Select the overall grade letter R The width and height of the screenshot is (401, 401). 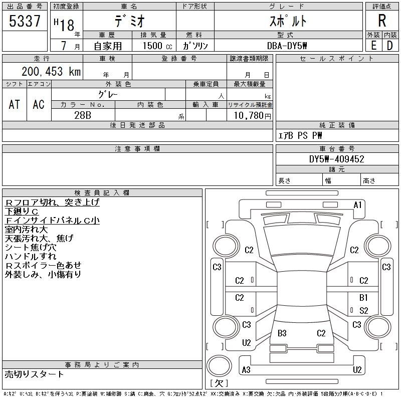pyautogui.click(x=382, y=21)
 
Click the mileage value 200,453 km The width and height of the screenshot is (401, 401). pyautogui.click(x=51, y=72)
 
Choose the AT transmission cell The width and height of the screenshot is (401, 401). pyautogui.click(x=15, y=104)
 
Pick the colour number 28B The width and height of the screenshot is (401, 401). pyautogui.click(x=82, y=115)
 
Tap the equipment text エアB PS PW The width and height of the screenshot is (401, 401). pyautogui.click(x=301, y=135)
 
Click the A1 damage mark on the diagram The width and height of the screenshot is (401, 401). pyautogui.click(x=357, y=205)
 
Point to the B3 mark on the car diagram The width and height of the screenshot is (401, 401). pyautogui.click(x=282, y=333)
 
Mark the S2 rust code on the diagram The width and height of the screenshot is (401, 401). pyautogui.click(x=363, y=311)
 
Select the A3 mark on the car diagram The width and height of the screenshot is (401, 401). pyautogui.click(x=246, y=370)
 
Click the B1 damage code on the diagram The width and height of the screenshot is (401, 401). pyautogui.click(x=363, y=298)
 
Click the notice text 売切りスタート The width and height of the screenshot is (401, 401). pyautogui.click(x=35, y=374)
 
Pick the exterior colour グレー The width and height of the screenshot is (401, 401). pyautogui.click(x=109, y=94)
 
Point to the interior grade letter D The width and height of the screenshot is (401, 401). pyautogui.click(x=390, y=45)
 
